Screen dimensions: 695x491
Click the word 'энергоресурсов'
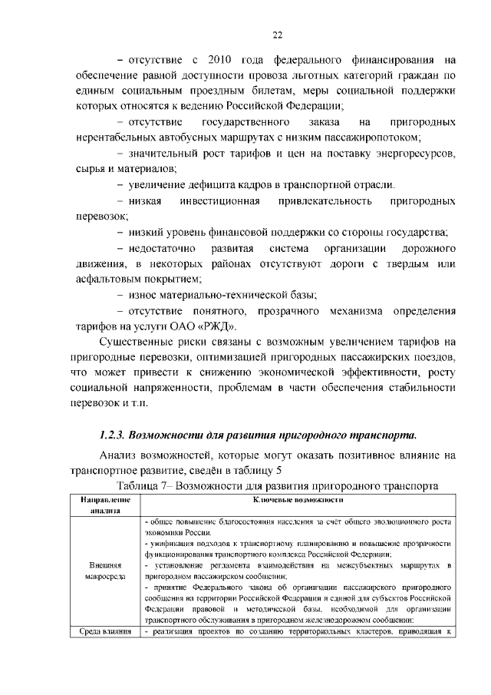(412, 153)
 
